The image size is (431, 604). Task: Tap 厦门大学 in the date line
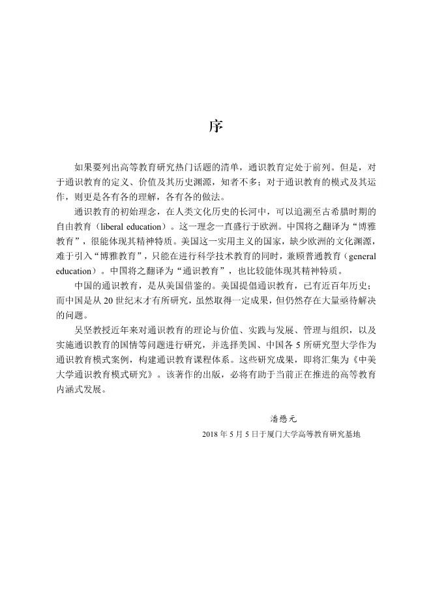283,433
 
